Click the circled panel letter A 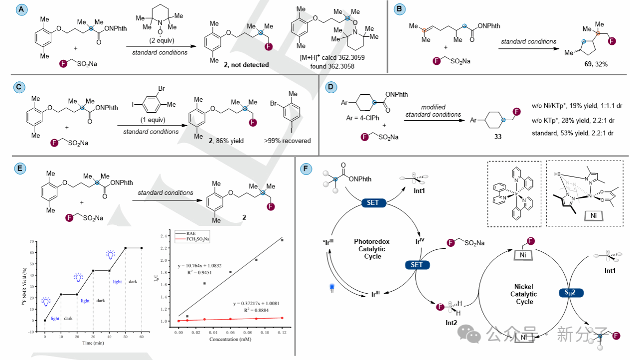[x=20, y=9]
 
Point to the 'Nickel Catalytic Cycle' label [x=524, y=294]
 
